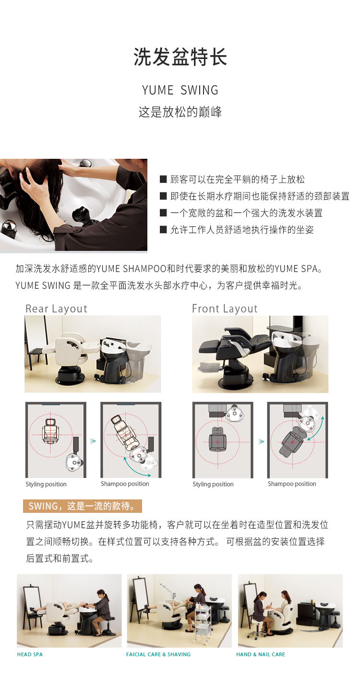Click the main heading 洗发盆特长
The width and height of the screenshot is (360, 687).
coord(180,57)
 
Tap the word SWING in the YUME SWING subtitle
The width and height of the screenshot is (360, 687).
coord(199,90)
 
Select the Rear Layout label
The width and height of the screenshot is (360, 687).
coord(57,308)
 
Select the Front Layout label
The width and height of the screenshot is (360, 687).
coord(225,308)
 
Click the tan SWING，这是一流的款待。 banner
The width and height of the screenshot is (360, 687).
coord(82,506)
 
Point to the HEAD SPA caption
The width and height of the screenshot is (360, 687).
coord(30,654)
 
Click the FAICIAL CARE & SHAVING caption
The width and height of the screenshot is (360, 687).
coord(158,654)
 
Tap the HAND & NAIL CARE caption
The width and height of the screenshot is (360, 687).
coord(261,654)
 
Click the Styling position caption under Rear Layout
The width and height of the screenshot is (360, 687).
coord(46,484)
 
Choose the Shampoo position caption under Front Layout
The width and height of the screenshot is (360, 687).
coord(292,484)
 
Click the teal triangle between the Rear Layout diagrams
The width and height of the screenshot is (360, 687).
coord(93,441)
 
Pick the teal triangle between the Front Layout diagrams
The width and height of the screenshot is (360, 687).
coord(261,442)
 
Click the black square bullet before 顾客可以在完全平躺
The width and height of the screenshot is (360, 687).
coord(163,179)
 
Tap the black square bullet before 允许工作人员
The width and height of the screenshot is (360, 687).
coord(163,229)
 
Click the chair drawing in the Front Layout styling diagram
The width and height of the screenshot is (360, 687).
coord(217,439)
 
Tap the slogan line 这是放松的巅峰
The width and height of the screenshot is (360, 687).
coord(180,112)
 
